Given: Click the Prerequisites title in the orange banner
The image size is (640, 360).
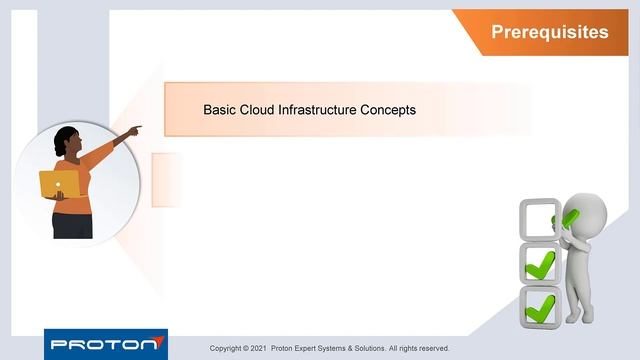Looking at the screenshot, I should pyautogui.click(x=549, y=32).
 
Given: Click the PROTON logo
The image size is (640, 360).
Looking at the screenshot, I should pyautogui.click(x=105, y=344).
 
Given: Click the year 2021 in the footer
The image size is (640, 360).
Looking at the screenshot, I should pyautogui.click(x=255, y=348).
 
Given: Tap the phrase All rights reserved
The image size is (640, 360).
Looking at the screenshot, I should pyautogui.click(x=420, y=348).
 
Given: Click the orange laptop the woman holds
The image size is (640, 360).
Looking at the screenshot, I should pyautogui.click(x=59, y=183).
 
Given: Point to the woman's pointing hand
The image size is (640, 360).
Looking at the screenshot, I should pyautogui.click(x=135, y=129).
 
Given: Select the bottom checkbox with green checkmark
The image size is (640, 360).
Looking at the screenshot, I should pyautogui.click(x=540, y=305).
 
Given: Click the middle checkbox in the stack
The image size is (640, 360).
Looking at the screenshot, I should pyautogui.click(x=540, y=262).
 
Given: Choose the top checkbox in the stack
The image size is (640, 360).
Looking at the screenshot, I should pyautogui.click(x=538, y=217).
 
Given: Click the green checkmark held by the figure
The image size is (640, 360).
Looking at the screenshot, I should pyautogui.click(x=569, y=216).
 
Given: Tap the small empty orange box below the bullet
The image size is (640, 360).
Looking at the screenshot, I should pyautogui.click(x=166, y=179).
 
